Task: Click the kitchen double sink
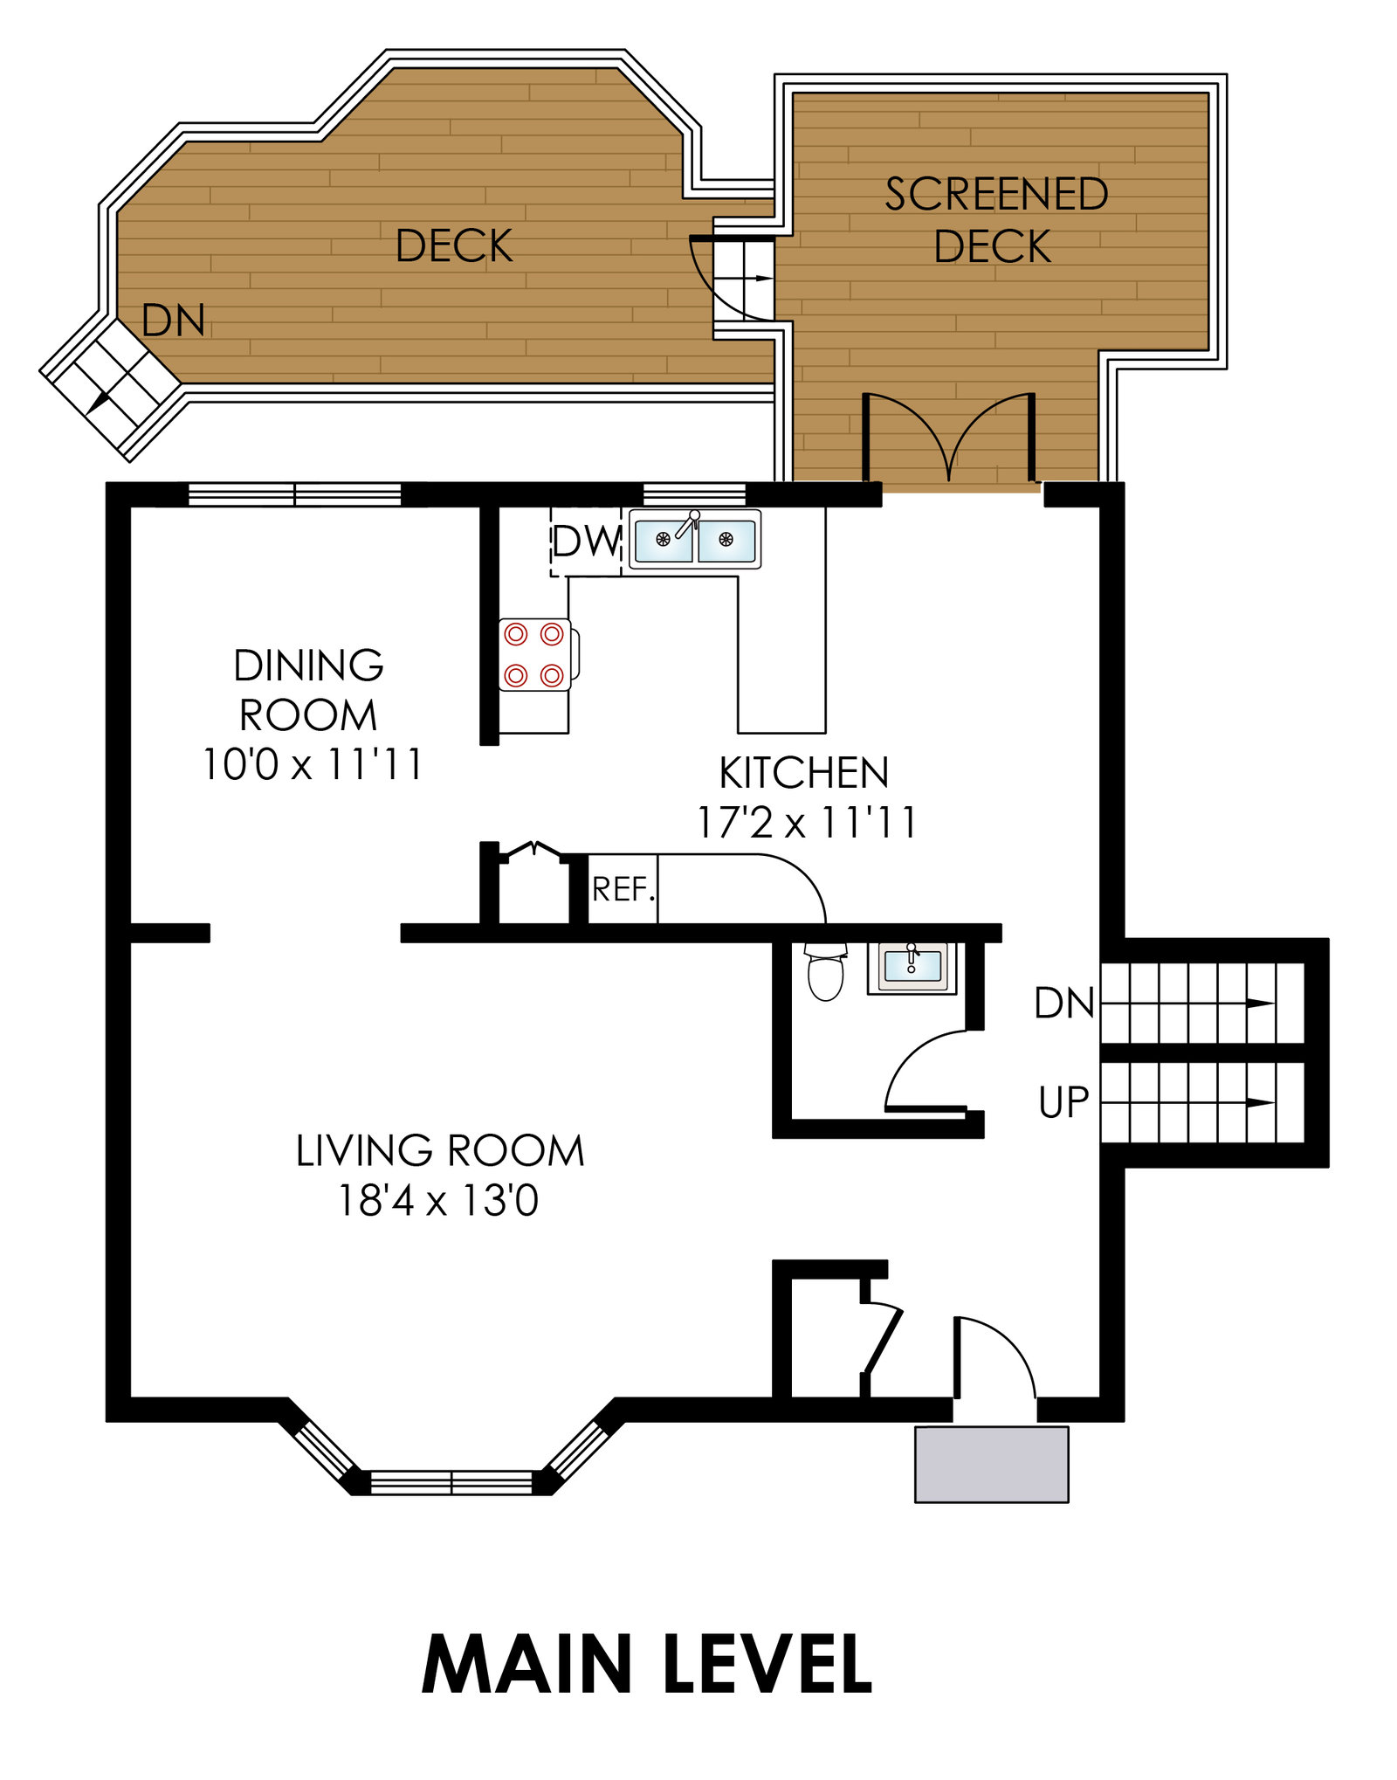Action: click(x=695, y=540)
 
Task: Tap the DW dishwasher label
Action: click(x=586, y=542)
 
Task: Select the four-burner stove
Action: click(x=537, y=654)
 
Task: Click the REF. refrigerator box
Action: click(x=623, y=888)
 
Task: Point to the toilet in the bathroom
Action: click(x=825, y=971)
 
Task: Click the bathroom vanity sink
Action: click(x=912, y=967)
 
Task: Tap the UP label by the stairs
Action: click(x=1063, y=1102)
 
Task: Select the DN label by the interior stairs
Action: click(x=1063, y=1003)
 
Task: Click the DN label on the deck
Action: click(x=173, y=321)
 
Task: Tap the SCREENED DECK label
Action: click(x=995, y=220)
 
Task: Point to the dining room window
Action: click(x=295, y=494)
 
